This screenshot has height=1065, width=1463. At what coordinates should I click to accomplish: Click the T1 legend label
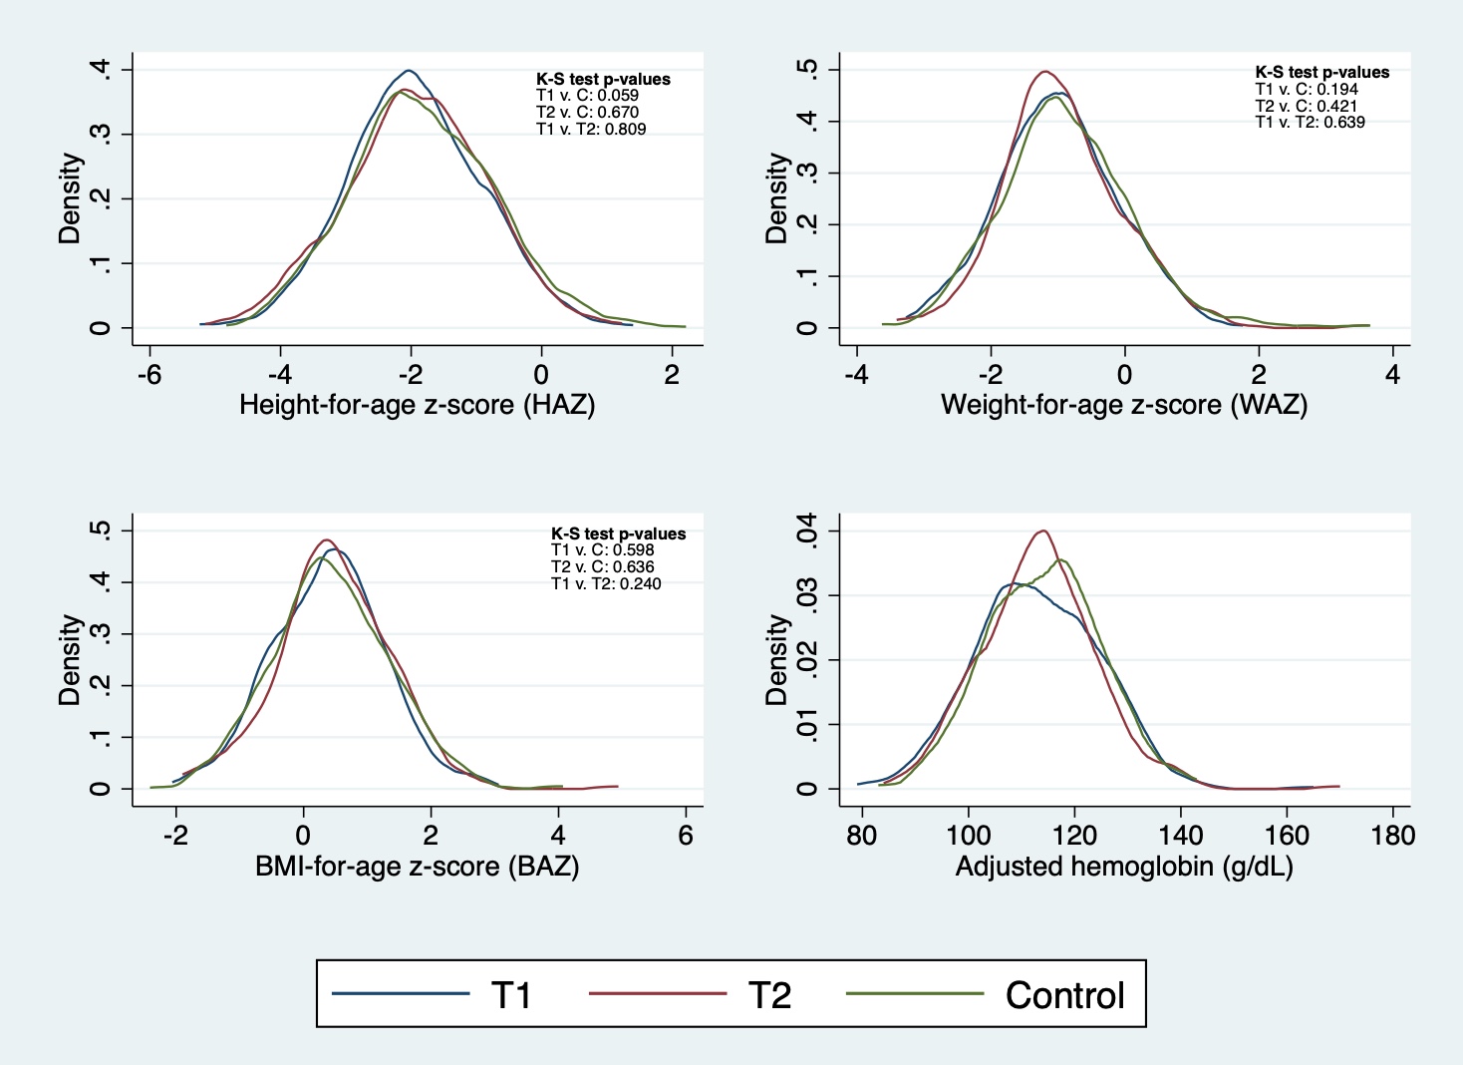(x=511, y=995)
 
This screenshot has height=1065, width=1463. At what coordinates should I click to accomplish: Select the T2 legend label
(x=769, y=995)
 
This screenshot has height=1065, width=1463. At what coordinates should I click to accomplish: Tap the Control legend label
(x=1064, y=995)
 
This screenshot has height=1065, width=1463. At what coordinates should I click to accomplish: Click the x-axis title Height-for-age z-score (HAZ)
(x=417, y=405)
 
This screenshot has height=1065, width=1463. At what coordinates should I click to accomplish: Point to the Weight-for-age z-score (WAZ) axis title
(x=1124, y=405)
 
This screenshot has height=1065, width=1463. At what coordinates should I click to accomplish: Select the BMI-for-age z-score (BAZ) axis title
(x=417, y=866)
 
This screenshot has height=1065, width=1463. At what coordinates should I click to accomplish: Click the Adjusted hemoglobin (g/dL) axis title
(x=1124, y=866)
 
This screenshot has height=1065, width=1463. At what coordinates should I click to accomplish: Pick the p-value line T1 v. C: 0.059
(x=587, y=96)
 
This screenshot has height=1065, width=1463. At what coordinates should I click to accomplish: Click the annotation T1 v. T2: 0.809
(x=591, y=129)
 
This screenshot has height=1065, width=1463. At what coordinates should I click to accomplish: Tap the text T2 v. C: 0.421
(x=1306, y=106)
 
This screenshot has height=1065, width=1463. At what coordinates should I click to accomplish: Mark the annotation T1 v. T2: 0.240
(x=606, y=583)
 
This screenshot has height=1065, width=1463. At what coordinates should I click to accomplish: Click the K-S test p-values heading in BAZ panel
(x=618, y=533)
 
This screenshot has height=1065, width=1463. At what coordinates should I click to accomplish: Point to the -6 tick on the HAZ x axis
(x=149, y=375)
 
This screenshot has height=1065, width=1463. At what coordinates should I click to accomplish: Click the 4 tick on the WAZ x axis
(x=1392, y=375)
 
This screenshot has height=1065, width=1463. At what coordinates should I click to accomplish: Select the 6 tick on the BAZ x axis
(x=686, y=836)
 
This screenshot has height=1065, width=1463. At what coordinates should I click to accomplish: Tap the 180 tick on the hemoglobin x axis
(x=1392, y=836)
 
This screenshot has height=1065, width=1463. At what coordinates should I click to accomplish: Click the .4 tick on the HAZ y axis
(x=101, y=69)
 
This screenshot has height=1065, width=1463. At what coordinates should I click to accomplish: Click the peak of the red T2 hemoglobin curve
(x=1042, y=531)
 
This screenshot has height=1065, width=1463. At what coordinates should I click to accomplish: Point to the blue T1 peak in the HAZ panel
(x=409, y=71)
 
